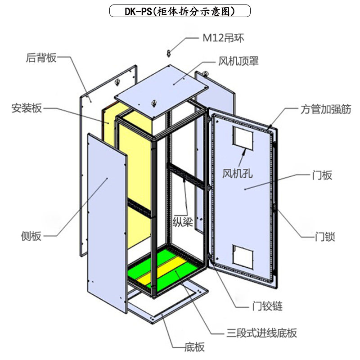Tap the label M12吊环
(x=223, y=38)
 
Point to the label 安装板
(x=27, y=108)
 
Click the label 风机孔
(x=238, y=173)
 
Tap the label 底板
(x=195, y=347)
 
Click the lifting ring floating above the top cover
(x=169, y=53)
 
